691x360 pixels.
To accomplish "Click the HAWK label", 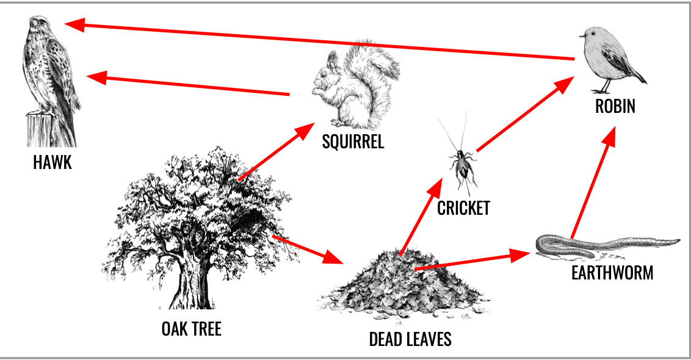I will pyautogui.click(x=52, y=163).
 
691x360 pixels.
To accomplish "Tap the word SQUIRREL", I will pyautogui.click(x=353, y=142).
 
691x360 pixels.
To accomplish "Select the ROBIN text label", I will pyautogui.click(x=615, y=106).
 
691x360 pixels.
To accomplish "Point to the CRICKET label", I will pyautogui.click(x=463, y=208).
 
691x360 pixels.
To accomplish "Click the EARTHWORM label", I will pyautogui.click(x=612, y=272).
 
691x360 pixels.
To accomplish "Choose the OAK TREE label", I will pyautogui.click(x=191, y=329).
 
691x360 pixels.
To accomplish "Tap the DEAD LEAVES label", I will pyautogui.click(x=410, y=339).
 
